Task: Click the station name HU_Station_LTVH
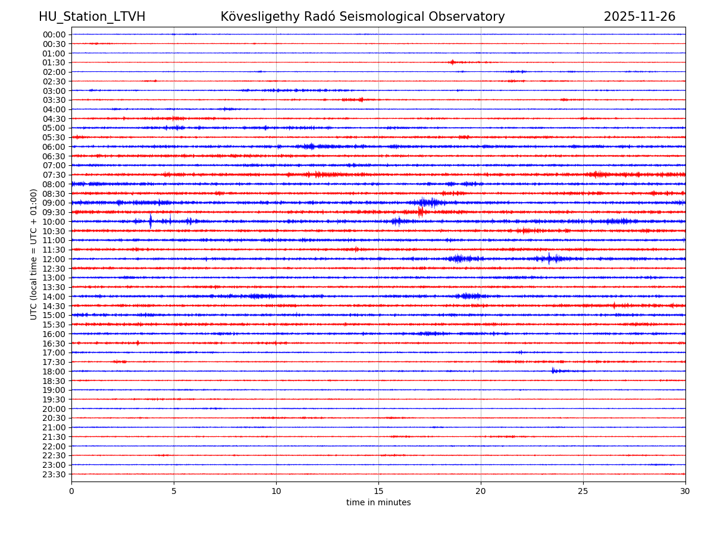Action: pyautogui.click(x=92, y=17)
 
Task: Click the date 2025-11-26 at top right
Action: pyautogui.click(x=640, y=17)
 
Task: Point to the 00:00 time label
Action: pyautogui.click(x=54, y=34)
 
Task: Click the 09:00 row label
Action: pyautogui.click(x=54, y=203)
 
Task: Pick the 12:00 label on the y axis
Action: pyautogui.click(x=54, y=259)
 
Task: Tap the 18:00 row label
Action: pyautogui.click(x=54, y=372)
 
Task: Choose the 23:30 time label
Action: pyautogui.click(x=54, y=474)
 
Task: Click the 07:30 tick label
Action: pyautogui.click(x=54, y=175)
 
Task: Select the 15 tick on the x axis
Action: pyautogui.click(x=378, y=491)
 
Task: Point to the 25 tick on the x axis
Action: pyautogui.click(x=583, y=491)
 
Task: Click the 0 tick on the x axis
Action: pyautogui.click(x=71, y=491)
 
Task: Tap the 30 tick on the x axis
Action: pyautogui.click(x=685, y=491)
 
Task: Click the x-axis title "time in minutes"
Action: pyautogui.click(x=378, y=502)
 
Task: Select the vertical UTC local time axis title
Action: pyautogui.click(x=34, y=254)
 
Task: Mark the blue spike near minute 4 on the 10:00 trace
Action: pyautogui.click(x=151, y=221)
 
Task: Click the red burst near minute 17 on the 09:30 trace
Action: pyautogui.click(x=420, y=212)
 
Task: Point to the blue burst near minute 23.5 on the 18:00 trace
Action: pyautogui.click(x=553, y=371)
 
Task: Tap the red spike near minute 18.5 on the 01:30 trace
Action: pyautogui.click(x=452, y=62)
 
